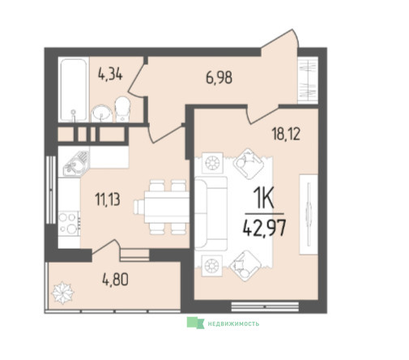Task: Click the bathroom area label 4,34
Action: pyautogui.click(x=110, y=75)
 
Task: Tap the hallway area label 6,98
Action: pyautogui.click(x=219, y=78)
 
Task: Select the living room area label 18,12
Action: pyautogui.click(x=286, y=134)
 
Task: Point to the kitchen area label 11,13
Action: pyautogui.click(x=108, y=199)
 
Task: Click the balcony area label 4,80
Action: pyautogui.click(x=115, y=280)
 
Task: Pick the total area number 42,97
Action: pyautogui.click(x=264, y=228)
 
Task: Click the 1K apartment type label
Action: pyautogui.click(x=263, y=199)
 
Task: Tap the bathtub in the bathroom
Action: pyautogui.click(x=74, y=90)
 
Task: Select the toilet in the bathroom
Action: pyautogui.click(x=123, y=109)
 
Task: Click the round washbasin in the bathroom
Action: pyautogui.click(x=102, y=114)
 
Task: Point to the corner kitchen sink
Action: pyautogui.click(x=77, y=164)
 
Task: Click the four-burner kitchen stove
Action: pyautogui.click(x=69, y=223)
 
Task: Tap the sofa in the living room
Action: pyautogui.click(x=211, y=213)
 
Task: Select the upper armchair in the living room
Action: pyautogui.click(x=248, y=164)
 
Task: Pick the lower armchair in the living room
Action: pyautogui.click(x=245, y=266)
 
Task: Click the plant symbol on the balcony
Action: pyautogui.click(x=62, y=293)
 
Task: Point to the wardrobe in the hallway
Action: pyautogui.click(x=308, y=79)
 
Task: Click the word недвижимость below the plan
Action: pyautogui.click(x=233, y=324)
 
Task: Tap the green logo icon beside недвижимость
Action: pyautogui.click(x=196, y=323)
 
